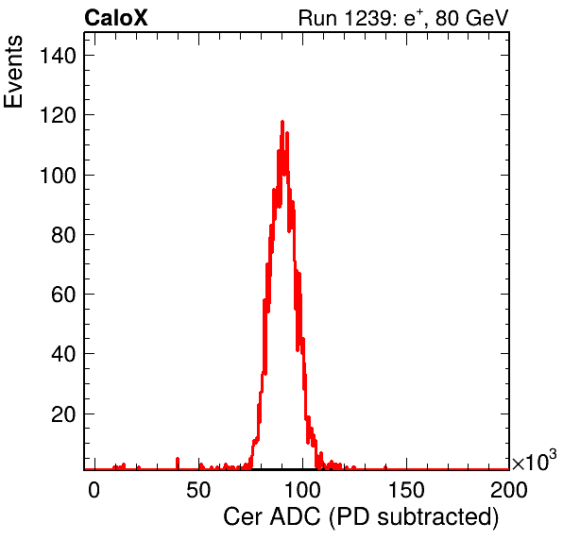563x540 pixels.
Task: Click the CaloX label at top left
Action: click(x=116, y=18)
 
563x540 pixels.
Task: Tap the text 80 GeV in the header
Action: click(x=472, y=18)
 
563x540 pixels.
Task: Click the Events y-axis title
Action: click(x=13, y=72)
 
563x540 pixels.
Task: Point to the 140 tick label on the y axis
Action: click(x=58, y=56)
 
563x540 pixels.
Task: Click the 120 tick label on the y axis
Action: click(x=58, y=116)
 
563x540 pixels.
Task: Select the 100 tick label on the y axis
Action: click(x=58, y=176)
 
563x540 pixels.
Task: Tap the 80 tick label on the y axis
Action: click(x=63, y=235)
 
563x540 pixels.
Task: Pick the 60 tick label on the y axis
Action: click(x=63, y=295)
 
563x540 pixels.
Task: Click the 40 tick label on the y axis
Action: click(x=63, y=355)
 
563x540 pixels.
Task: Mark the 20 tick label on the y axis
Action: click(x=63, y=414)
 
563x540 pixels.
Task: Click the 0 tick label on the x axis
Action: click(x=94, y=490)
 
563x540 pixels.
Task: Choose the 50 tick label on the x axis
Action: click(x=198, y=490)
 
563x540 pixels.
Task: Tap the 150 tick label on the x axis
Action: click(x=406, y=490)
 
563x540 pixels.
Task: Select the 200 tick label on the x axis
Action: click(x=509, y=490)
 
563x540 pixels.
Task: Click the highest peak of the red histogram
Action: click(x=282, y=122)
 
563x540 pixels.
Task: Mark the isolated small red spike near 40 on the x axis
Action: click(x=178, y=463)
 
